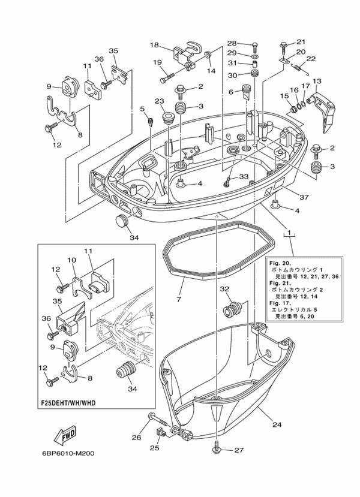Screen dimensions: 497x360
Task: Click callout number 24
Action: (x=277, y=425)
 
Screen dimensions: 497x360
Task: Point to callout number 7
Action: (x=178, y=297)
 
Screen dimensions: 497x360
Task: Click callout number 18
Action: (x=154, y=45)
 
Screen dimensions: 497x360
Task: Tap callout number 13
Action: (x=317, y=81)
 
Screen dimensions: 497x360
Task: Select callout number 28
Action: (x=232, y=43)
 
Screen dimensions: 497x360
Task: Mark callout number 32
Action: (x=224, y=289)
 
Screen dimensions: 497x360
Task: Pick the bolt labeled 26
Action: (x=154, y=420)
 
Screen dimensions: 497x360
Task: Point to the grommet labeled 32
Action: (x=231, y=310)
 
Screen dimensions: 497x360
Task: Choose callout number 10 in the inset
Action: (x=71, y=260)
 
